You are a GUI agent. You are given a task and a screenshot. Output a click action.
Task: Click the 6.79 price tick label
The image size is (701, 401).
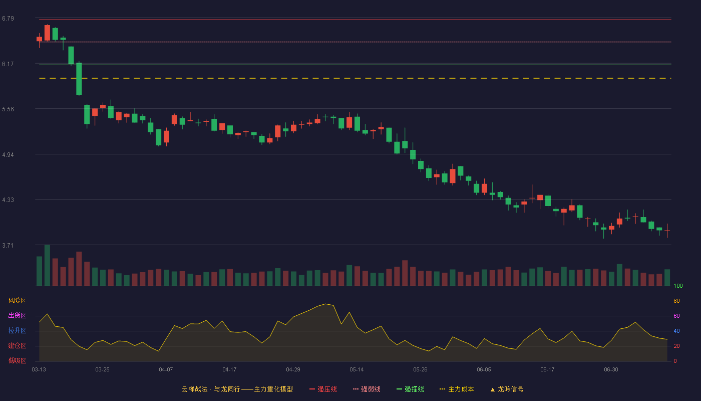tap(8, 19)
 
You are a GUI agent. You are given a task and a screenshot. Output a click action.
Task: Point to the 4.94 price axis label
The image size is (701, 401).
tap(8, 155)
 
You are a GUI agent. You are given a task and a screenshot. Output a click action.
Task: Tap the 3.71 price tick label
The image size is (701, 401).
tap(8, 245)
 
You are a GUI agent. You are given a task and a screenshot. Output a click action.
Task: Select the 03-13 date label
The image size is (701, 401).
tap(39, 370)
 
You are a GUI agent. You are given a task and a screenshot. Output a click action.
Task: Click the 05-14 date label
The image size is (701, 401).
tap(357, 370)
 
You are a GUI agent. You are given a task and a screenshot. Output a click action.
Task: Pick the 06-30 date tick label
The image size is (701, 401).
tap(611, 370)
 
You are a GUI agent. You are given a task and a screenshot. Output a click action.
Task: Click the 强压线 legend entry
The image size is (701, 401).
tap(323, 389)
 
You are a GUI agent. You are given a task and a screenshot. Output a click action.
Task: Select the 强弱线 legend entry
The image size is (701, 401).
tap(367, 389)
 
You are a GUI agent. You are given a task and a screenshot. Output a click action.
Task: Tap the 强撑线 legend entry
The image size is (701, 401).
tap(410, 389)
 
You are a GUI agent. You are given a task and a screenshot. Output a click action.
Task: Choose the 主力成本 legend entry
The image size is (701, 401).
tap(457, 389)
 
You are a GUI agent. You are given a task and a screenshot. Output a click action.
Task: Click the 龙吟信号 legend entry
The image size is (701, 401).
tap(507, 389)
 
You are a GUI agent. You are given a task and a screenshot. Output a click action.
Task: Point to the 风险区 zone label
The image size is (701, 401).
tap(17, 301)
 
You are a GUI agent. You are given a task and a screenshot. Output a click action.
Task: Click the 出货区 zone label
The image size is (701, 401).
tap(17, 315)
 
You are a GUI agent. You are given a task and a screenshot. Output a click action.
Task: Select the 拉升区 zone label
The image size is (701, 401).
tap(17, 330)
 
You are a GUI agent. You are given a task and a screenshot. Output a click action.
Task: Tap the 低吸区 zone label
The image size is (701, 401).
tap(17, 360)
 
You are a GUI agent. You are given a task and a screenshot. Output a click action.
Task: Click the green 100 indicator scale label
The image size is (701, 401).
tap(678, 286)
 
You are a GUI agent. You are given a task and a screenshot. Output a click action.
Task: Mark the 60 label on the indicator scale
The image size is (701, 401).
tap(676, 316)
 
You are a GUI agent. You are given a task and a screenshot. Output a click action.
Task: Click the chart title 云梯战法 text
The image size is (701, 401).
tap(194, 389)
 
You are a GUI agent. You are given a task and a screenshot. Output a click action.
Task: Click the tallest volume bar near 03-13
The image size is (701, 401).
tap(47, 265)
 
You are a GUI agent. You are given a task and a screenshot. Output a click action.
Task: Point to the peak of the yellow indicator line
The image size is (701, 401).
tap(326, 304)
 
